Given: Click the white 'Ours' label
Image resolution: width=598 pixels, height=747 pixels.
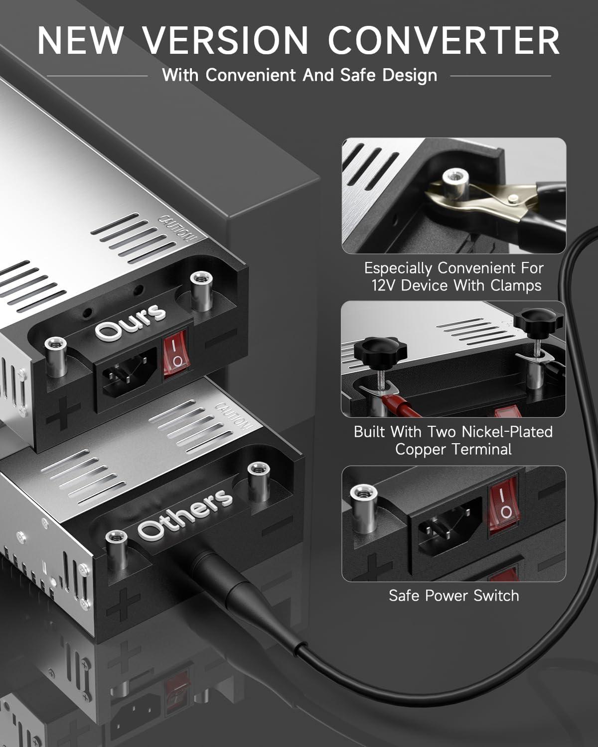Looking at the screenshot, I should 130,321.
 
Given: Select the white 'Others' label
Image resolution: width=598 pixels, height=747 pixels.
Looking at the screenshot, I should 185,514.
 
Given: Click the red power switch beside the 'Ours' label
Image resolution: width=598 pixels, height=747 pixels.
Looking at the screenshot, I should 175,351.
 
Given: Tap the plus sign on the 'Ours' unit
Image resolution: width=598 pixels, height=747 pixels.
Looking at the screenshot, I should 63,414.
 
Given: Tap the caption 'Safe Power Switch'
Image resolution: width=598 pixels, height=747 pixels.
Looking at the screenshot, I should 453,596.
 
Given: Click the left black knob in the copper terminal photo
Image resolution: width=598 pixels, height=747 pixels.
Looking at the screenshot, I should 379,347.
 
